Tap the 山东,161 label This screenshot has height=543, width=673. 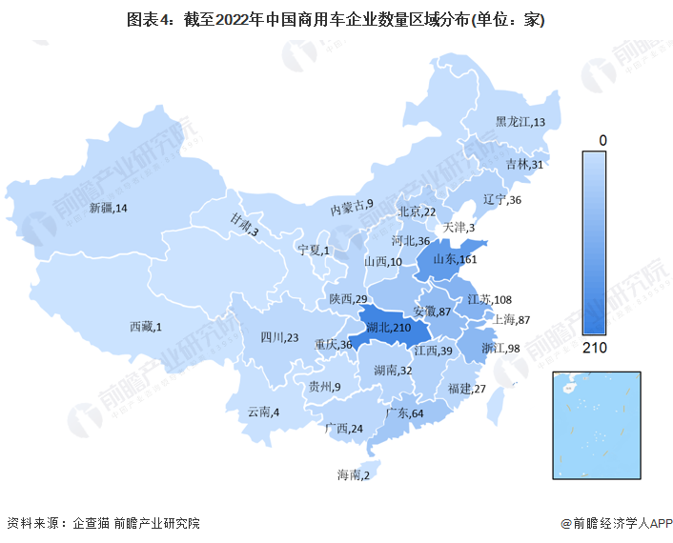(x=455, y=259)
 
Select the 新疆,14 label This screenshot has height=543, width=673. (x=108, y=208)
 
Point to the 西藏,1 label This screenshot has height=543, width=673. (x=146, y=327)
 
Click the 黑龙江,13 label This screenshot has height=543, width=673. (x=520, y=122)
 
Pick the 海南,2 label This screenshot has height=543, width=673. (x=353, y=474)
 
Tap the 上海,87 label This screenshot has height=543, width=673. (x=512, y=319)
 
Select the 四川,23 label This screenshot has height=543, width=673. (x=279, y=337)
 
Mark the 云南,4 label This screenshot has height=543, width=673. (x=263, y=412)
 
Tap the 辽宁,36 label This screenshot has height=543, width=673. (x=502, y=200)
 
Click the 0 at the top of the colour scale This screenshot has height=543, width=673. (x=602, y=140)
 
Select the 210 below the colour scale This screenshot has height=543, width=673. (x=602, y=347)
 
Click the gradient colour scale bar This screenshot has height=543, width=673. (x=602, y=243)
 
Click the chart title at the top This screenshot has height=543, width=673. (x=336, y=19)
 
